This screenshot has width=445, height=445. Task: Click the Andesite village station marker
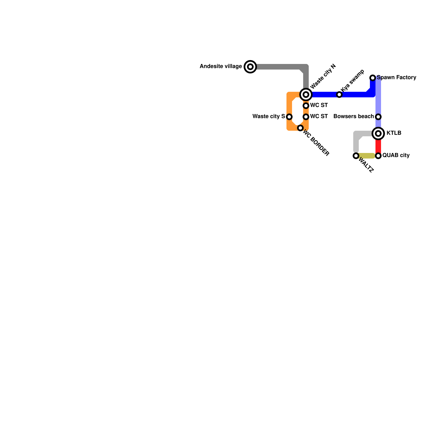tap(250, 67)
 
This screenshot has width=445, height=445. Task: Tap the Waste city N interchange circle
tap(306, 95)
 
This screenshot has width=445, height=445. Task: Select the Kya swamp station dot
tap(339, 95)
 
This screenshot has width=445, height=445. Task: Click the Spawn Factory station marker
tap(373, 78)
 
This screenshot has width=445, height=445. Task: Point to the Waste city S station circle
tap(289, 117)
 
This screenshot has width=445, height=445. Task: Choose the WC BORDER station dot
tap(300, 128)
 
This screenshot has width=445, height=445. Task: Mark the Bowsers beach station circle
tap(378, 117)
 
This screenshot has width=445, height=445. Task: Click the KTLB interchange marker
tap(378, 133)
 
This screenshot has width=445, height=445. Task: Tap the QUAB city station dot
tap(378, 156)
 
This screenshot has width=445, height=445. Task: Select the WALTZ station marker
tap(356, 156)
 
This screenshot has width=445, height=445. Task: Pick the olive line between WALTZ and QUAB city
tap(367, 156)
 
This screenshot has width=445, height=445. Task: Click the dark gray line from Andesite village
tap(278, 67)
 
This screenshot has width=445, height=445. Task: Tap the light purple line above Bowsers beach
tap(378, 97)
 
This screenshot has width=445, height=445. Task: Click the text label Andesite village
tap(221, 66)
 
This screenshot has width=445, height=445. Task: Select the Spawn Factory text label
tap(397, 77)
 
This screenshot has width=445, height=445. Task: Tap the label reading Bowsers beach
tap(353, 116)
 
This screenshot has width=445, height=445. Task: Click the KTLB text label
tap(394, 133)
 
